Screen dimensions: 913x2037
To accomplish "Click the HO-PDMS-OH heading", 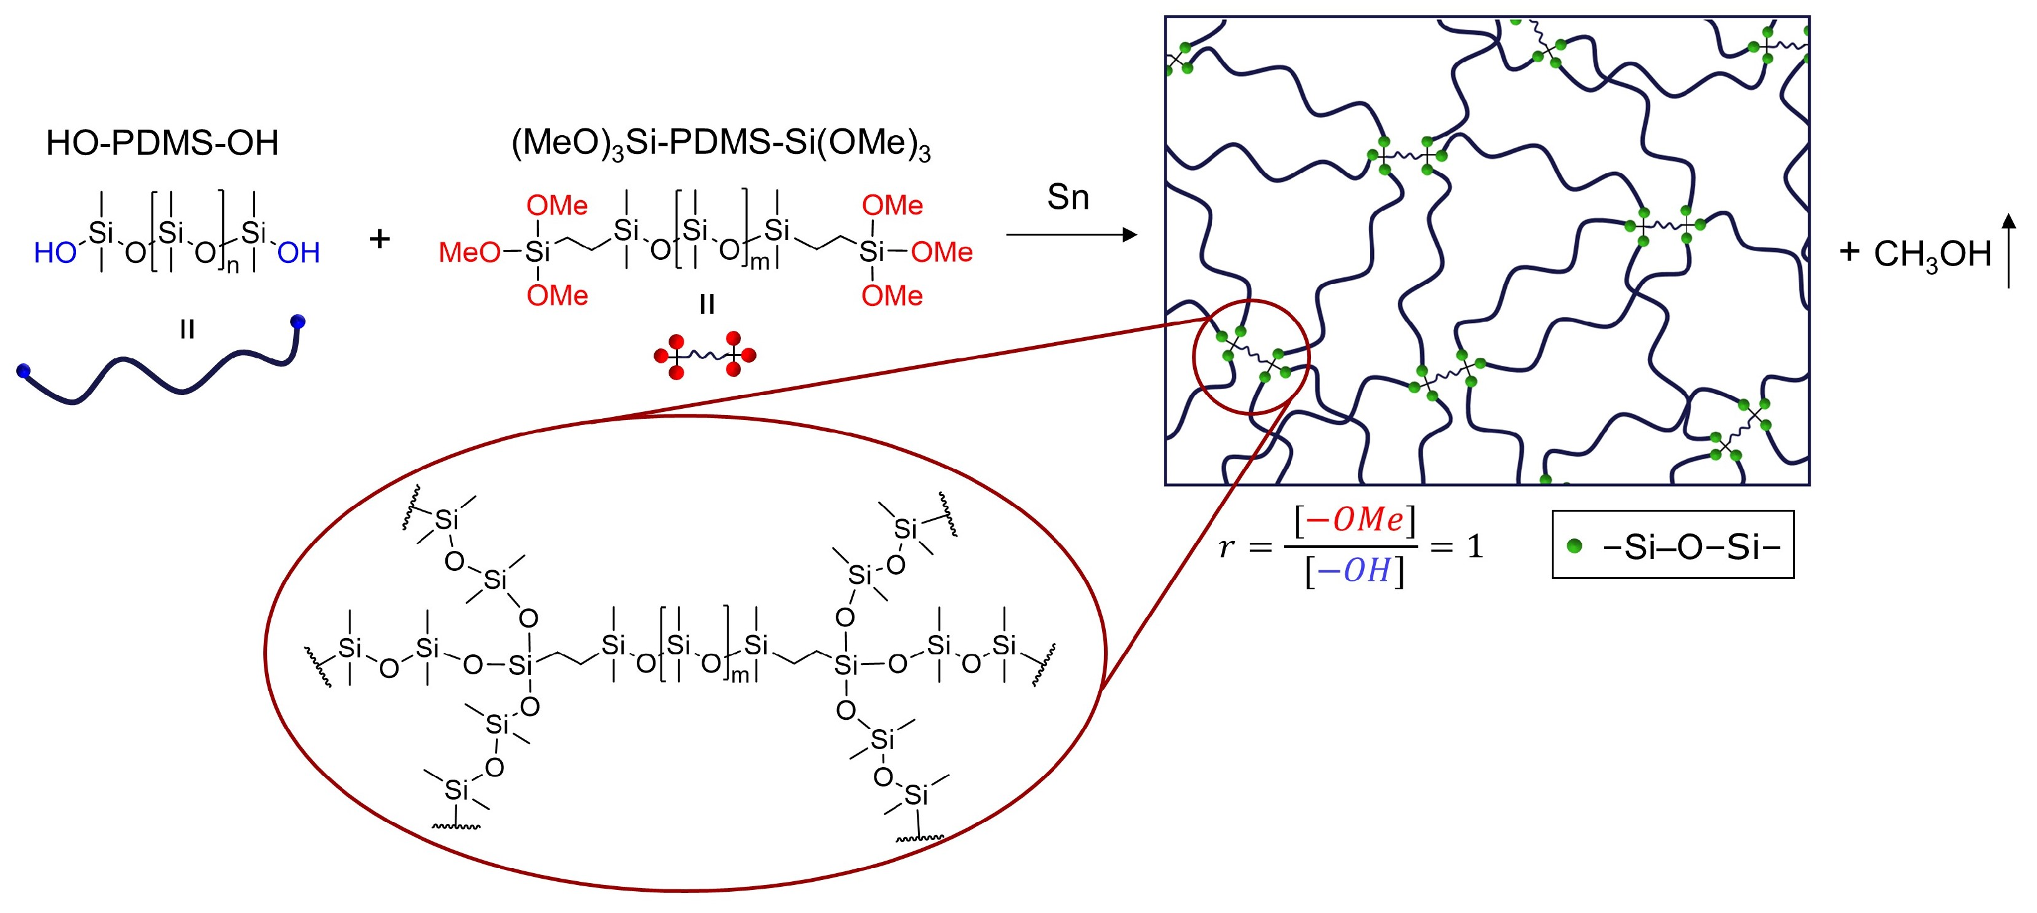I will click(162, 143).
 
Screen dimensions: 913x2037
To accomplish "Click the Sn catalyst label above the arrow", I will click(1068, 197).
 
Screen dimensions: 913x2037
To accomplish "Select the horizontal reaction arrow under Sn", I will click(1071, 235).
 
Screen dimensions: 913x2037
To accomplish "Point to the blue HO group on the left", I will click(54, 253).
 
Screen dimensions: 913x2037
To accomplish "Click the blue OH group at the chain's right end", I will click(299, 253).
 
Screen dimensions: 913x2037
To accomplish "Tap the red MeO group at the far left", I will click(469, 253).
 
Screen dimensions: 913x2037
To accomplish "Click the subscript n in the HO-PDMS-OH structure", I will click(233, 266).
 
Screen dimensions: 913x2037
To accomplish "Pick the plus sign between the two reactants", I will click(380, 238).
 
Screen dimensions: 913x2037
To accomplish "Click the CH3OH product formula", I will click(1932, 254).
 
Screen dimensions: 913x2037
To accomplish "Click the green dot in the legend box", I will click(1574, 545).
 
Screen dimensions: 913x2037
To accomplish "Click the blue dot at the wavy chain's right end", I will click(298, 322).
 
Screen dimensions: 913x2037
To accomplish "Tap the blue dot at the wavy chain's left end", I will click(24, 371).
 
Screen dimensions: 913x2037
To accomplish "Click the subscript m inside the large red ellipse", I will click(739, 675).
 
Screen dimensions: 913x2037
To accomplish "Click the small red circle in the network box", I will click(1251, 357).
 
